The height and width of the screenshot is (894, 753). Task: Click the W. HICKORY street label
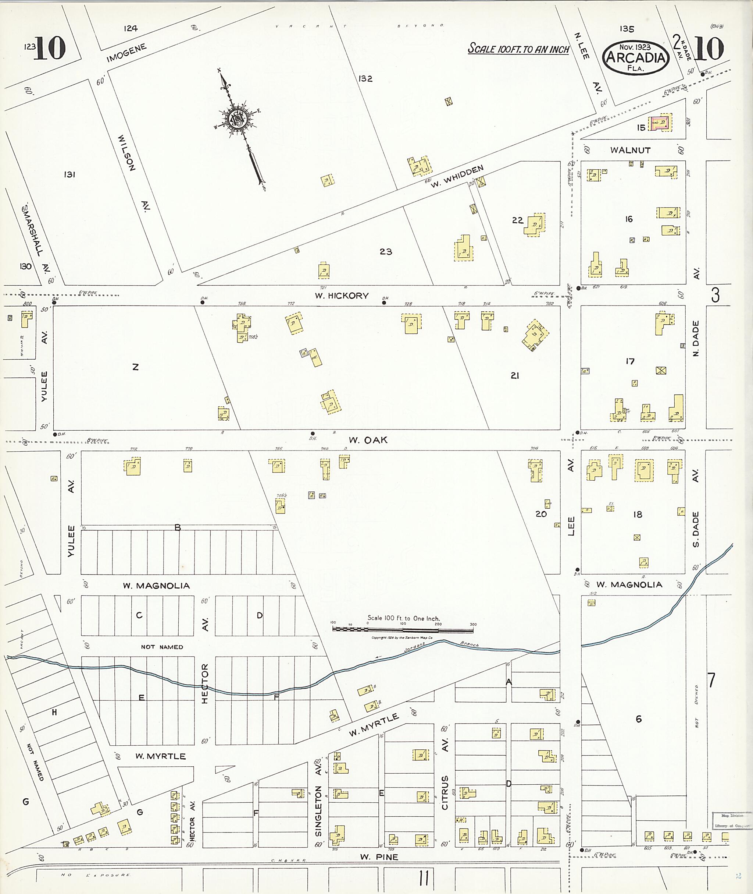[342, 296]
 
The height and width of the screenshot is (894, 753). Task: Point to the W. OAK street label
[368, 440]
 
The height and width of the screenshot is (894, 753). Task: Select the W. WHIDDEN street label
[457, 177]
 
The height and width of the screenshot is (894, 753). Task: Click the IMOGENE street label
[127, 53]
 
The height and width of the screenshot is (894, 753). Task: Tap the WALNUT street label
[630, 150]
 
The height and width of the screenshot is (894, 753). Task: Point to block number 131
[69, 174]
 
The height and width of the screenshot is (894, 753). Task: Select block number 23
[386, 252]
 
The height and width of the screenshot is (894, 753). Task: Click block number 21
[515, 376]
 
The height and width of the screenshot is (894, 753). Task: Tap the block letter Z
[135, 367]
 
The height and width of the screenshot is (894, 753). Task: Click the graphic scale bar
[403, 629]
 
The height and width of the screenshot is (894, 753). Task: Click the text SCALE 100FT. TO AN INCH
[518, 49]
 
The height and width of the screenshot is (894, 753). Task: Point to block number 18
[637, 515]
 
